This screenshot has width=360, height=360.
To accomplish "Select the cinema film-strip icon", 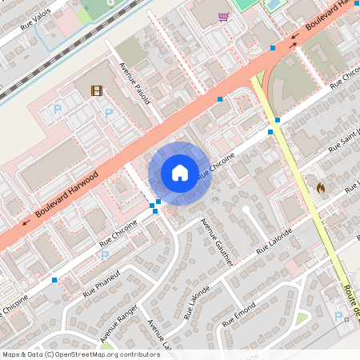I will [96, 91].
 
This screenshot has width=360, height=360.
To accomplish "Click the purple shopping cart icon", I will [223, 16].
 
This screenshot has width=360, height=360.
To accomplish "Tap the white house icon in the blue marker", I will [180, 173].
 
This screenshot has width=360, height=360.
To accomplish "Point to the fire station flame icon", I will [320, 188].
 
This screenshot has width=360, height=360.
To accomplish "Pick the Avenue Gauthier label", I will [218, 243].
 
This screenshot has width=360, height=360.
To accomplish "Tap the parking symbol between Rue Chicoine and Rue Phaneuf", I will [104, 256].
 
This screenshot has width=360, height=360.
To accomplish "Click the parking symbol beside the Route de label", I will [338, 316].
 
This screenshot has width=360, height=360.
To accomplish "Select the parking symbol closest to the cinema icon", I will [108, 113].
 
